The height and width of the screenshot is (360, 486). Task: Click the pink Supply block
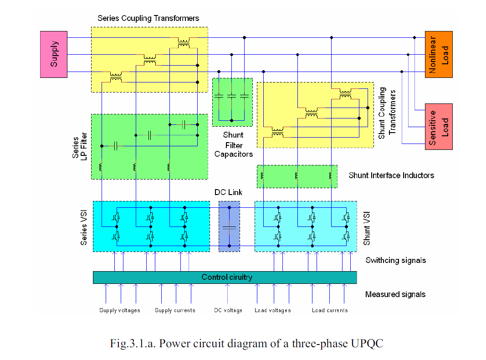tap(54, 54)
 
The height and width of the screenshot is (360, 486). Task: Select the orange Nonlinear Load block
tap(439, 54)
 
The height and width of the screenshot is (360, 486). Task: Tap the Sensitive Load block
tap(439, 127)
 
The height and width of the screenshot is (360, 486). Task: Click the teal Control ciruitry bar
tap(225, 278)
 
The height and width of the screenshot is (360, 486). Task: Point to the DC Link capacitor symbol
tap(230, 227)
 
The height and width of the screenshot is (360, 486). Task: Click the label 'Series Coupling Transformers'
tap(148, 18)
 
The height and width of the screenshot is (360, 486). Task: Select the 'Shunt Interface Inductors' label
tap(391, 175)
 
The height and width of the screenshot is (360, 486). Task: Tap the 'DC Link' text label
tap(229, 192)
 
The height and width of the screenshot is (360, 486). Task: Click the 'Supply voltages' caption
tap(120, 310)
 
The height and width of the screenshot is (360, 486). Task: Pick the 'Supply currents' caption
tap(175, 310)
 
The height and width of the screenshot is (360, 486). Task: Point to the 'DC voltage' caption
tap(228, 310)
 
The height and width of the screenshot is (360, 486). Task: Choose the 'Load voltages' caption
tap(273, 310)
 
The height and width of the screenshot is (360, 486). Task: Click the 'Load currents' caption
tap(330, 310)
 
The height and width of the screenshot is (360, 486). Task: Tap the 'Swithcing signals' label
tap(396, 261)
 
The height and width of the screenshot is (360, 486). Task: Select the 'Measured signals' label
tap(395, 294)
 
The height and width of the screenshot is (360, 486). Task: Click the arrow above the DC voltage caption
tap(227, 293)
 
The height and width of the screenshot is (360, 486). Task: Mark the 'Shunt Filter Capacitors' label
tap(234, 144)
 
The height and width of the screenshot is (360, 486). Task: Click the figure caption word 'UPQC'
tap(367, 344)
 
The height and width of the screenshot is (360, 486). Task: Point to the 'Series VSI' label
tap(84, 228)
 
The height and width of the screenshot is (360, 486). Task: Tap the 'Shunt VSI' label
tap(367, 228)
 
